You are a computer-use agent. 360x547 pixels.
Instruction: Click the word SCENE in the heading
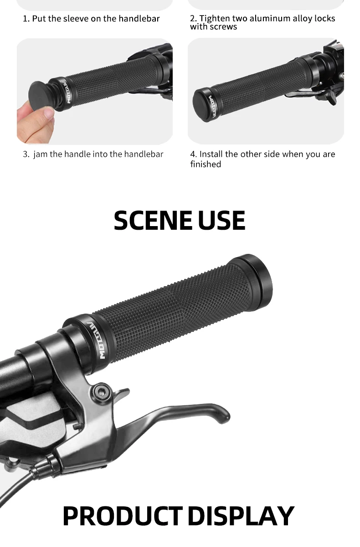click(153, 221)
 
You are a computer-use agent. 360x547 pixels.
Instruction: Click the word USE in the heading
click(221, 221)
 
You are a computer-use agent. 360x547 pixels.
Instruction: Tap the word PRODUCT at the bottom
click(123, 516)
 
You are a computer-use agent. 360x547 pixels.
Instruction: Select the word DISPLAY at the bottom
click(241, 516)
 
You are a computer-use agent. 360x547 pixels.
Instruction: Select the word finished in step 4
click(206, 164)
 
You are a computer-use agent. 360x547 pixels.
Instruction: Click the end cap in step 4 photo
click(203, 105)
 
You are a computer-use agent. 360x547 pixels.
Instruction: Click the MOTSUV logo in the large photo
click(99, 340)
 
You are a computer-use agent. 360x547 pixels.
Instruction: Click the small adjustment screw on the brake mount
click(78, 426)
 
